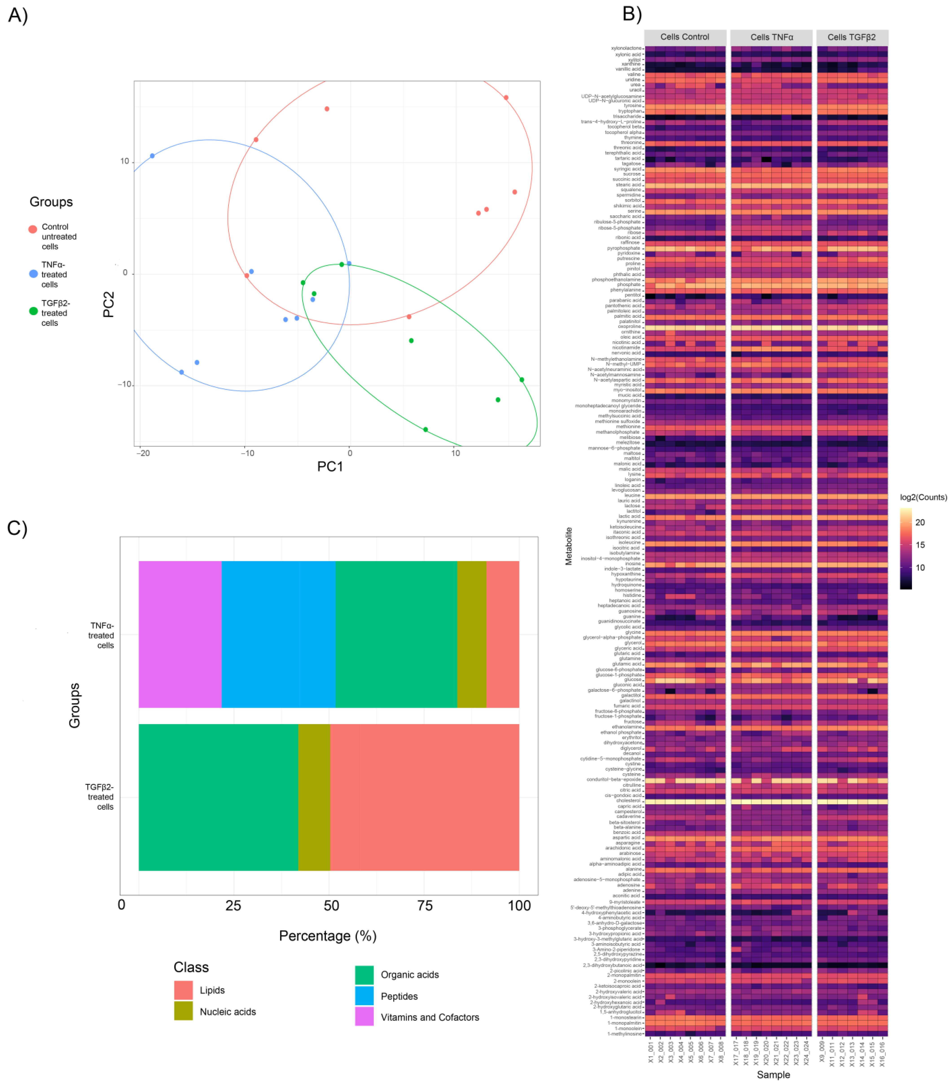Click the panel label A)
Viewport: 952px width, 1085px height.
18,15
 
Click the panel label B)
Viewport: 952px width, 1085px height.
632,14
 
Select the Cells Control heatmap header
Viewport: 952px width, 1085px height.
684,37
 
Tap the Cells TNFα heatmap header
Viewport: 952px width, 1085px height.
771,37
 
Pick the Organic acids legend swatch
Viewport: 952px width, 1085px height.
364,975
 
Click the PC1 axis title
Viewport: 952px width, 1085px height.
330,467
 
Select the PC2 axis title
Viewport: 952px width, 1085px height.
108,304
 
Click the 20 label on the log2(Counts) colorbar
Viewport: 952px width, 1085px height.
920,522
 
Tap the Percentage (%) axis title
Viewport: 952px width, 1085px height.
328,936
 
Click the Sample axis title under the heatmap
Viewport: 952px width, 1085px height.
773,1074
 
